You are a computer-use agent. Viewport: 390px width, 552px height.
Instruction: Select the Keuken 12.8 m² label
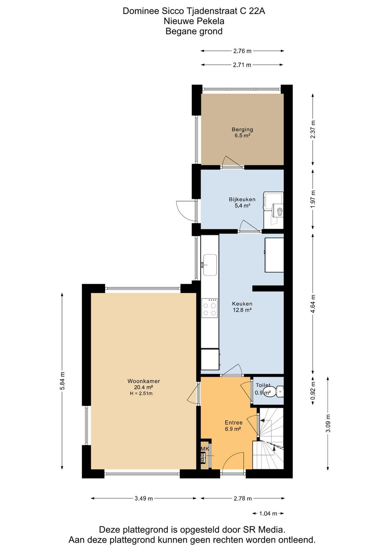242,307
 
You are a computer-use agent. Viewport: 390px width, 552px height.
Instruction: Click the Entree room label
234,422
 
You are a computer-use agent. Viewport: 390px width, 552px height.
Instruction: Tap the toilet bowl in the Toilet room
278,391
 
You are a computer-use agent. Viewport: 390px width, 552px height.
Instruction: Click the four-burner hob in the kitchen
209,308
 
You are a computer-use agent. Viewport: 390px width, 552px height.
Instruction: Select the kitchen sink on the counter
209,265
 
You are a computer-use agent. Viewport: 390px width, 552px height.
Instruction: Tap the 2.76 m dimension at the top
242,51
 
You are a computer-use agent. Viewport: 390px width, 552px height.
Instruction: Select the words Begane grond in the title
194,31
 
